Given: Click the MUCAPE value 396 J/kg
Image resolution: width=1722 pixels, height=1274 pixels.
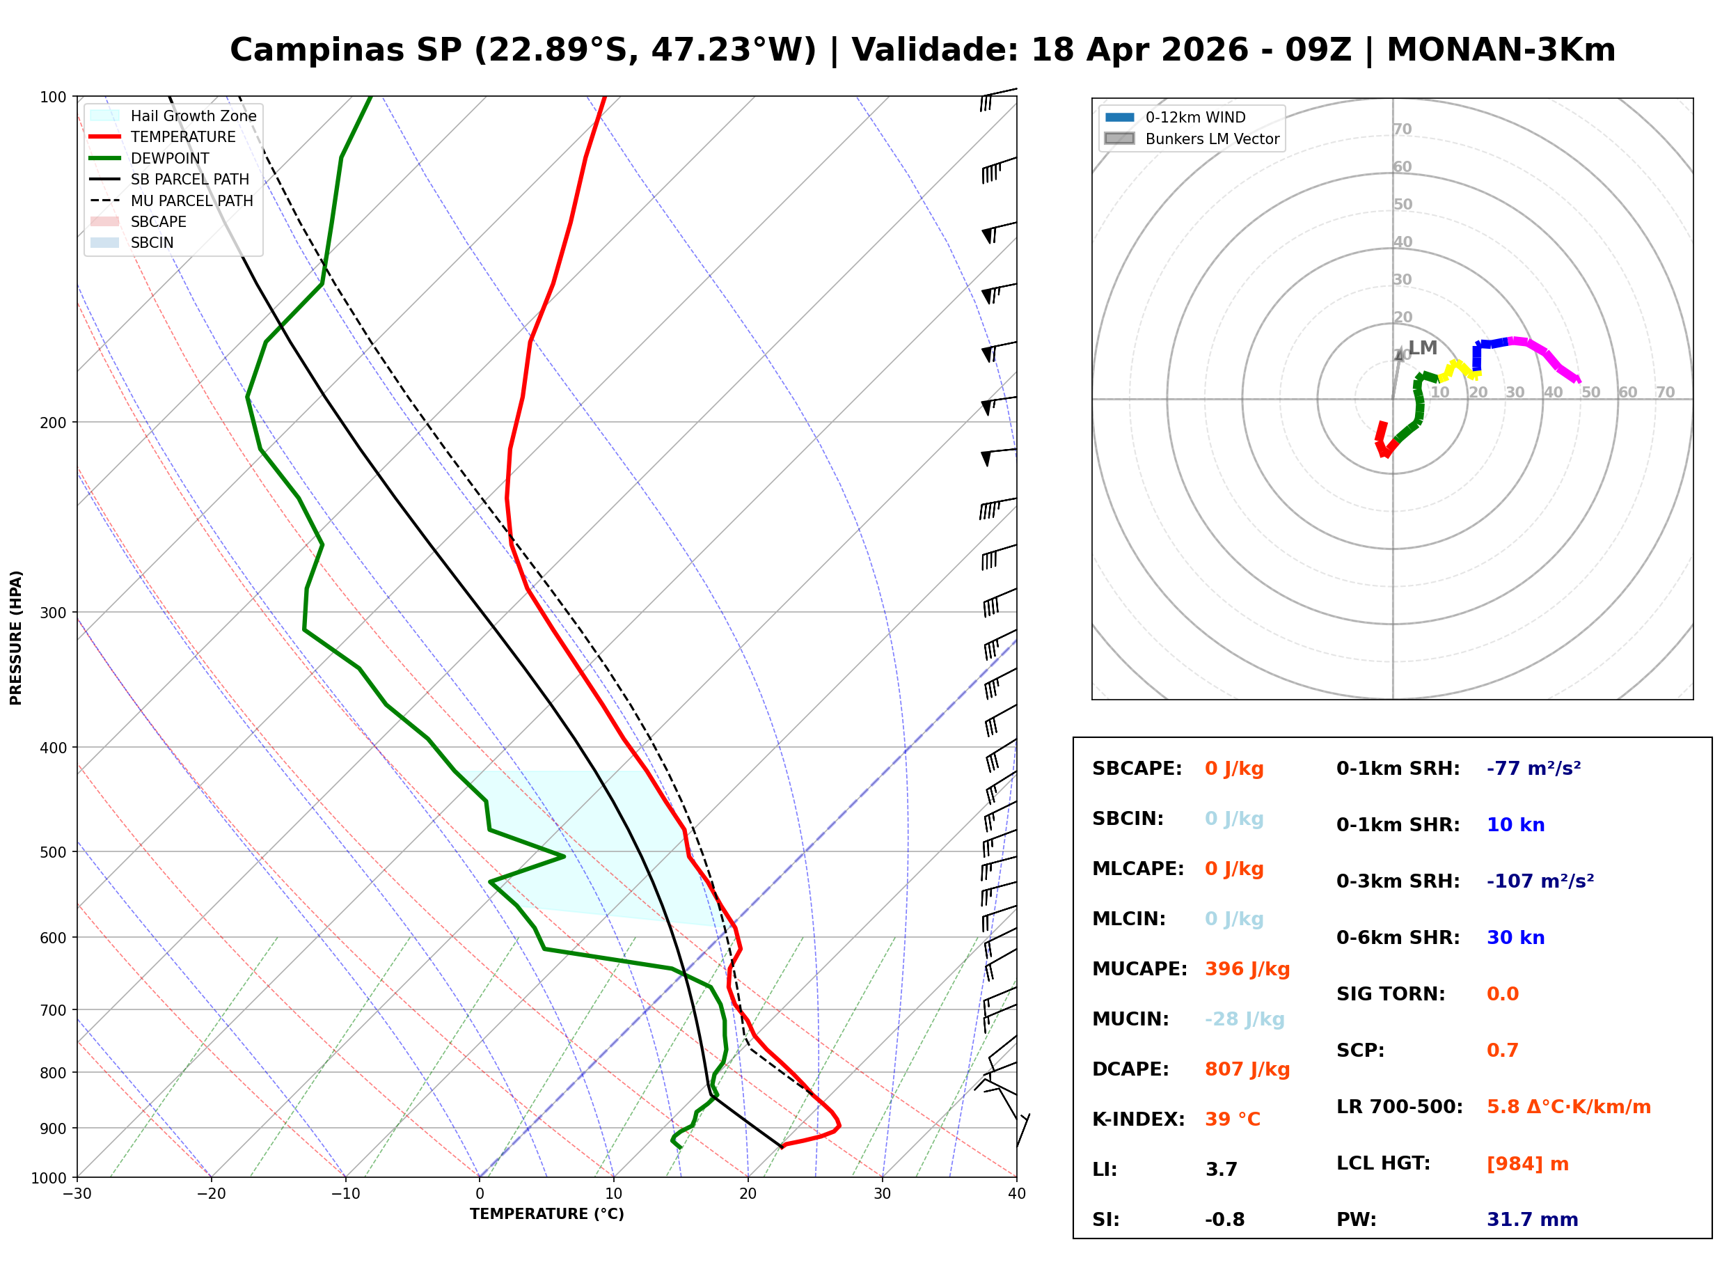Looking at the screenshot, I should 1247,968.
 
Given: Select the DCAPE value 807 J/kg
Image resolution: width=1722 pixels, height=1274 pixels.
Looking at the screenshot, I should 1247,1069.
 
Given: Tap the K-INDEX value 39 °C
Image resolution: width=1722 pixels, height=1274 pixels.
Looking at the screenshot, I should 1232,1119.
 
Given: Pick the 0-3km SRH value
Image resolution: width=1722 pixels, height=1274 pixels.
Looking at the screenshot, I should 1540,881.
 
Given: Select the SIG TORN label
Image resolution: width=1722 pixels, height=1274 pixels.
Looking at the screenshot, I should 1390,994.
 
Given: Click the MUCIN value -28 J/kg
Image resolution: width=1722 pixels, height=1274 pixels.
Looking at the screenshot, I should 1244,1019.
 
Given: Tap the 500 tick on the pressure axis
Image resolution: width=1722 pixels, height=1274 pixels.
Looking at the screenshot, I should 53,852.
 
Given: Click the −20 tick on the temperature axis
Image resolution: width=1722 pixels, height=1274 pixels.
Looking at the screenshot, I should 210,1194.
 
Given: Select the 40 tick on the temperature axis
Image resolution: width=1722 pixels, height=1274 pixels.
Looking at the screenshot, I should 1016,1194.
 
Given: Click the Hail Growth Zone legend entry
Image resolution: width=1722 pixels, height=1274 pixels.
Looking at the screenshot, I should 193,116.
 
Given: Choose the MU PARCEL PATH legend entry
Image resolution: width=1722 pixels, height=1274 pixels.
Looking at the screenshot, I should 191,200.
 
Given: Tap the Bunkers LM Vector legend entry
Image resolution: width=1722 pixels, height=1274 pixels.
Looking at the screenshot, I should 1211,139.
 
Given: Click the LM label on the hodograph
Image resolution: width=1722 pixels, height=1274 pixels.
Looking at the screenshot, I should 1422,348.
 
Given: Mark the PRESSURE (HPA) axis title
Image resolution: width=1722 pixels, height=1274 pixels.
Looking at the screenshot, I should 16,637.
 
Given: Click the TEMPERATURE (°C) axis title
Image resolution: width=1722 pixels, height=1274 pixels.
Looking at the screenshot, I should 546,1214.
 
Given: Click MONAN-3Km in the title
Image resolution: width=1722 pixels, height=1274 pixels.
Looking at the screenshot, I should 1501,50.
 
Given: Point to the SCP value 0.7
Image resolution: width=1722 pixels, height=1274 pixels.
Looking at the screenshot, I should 1501,1051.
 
